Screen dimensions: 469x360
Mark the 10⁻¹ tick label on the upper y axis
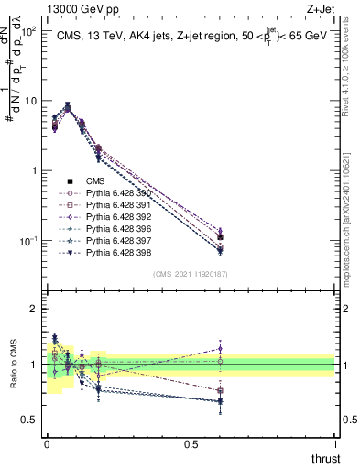[x=27, y=241]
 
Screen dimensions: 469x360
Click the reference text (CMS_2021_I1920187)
[x=191, y=274]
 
